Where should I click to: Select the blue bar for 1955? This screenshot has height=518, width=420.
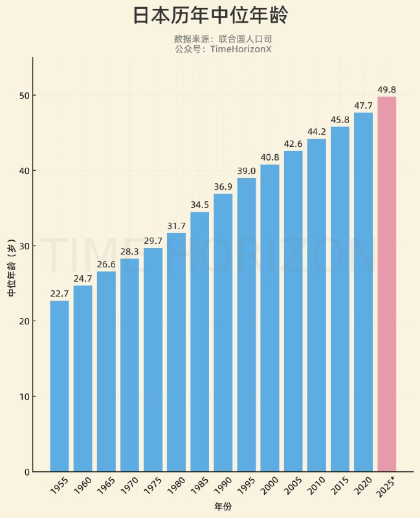[x=60, y=386]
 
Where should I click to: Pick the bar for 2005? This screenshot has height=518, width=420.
[x=293, y=311]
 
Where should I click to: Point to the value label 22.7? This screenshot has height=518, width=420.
[x=60, y=294]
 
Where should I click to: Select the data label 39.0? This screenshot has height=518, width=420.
[x=247, y=171]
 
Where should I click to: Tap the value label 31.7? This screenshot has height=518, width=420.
[x=176, y=226]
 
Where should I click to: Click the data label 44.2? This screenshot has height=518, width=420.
[x=316, y=132]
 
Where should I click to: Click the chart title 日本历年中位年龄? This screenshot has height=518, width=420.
[x=210, y=16]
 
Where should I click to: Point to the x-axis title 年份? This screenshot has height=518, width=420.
[x=223, y=506]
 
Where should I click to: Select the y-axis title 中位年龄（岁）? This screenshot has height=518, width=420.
[x=12, y=265]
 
